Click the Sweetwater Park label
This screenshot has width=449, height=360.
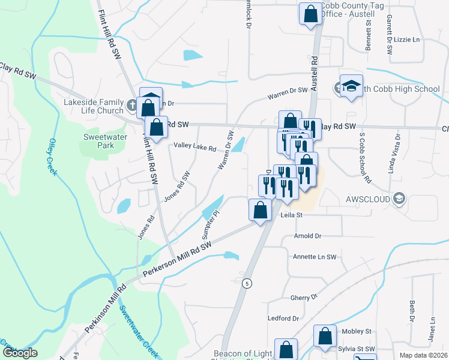[98, 140]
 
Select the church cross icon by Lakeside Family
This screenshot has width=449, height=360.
[132, 106]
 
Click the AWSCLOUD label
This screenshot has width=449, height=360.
[368, 199]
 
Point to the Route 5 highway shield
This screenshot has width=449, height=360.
[246, 282]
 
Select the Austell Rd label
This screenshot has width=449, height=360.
[315, 70]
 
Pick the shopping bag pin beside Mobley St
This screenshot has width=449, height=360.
[325, 337]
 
